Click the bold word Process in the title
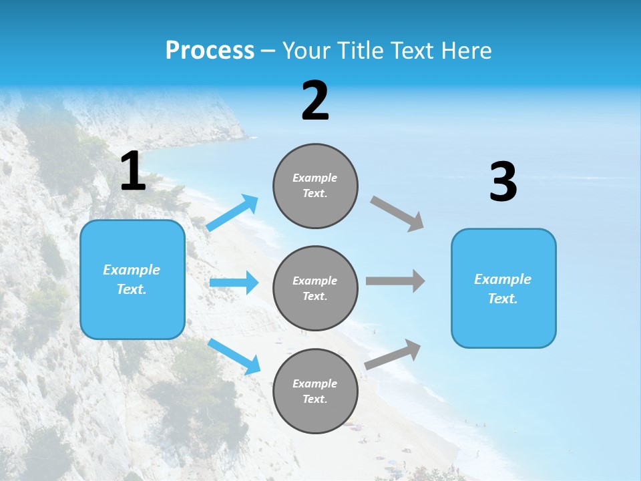[x=210, y=51]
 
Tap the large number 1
[x=133, y=172]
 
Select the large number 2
[x=315, y=102]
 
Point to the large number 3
[x=503, y=183]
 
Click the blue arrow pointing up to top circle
[x=232, y=213]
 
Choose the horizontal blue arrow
[x=234, y=283]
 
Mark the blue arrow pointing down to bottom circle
[x=234, y=356]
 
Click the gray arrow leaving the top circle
[x=397, y=214]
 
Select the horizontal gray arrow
[x=395, y=281]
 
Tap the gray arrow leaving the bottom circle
[x=393, y=355]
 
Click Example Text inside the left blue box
[x=132, y=279]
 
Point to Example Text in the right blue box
[x=503, y=289]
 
